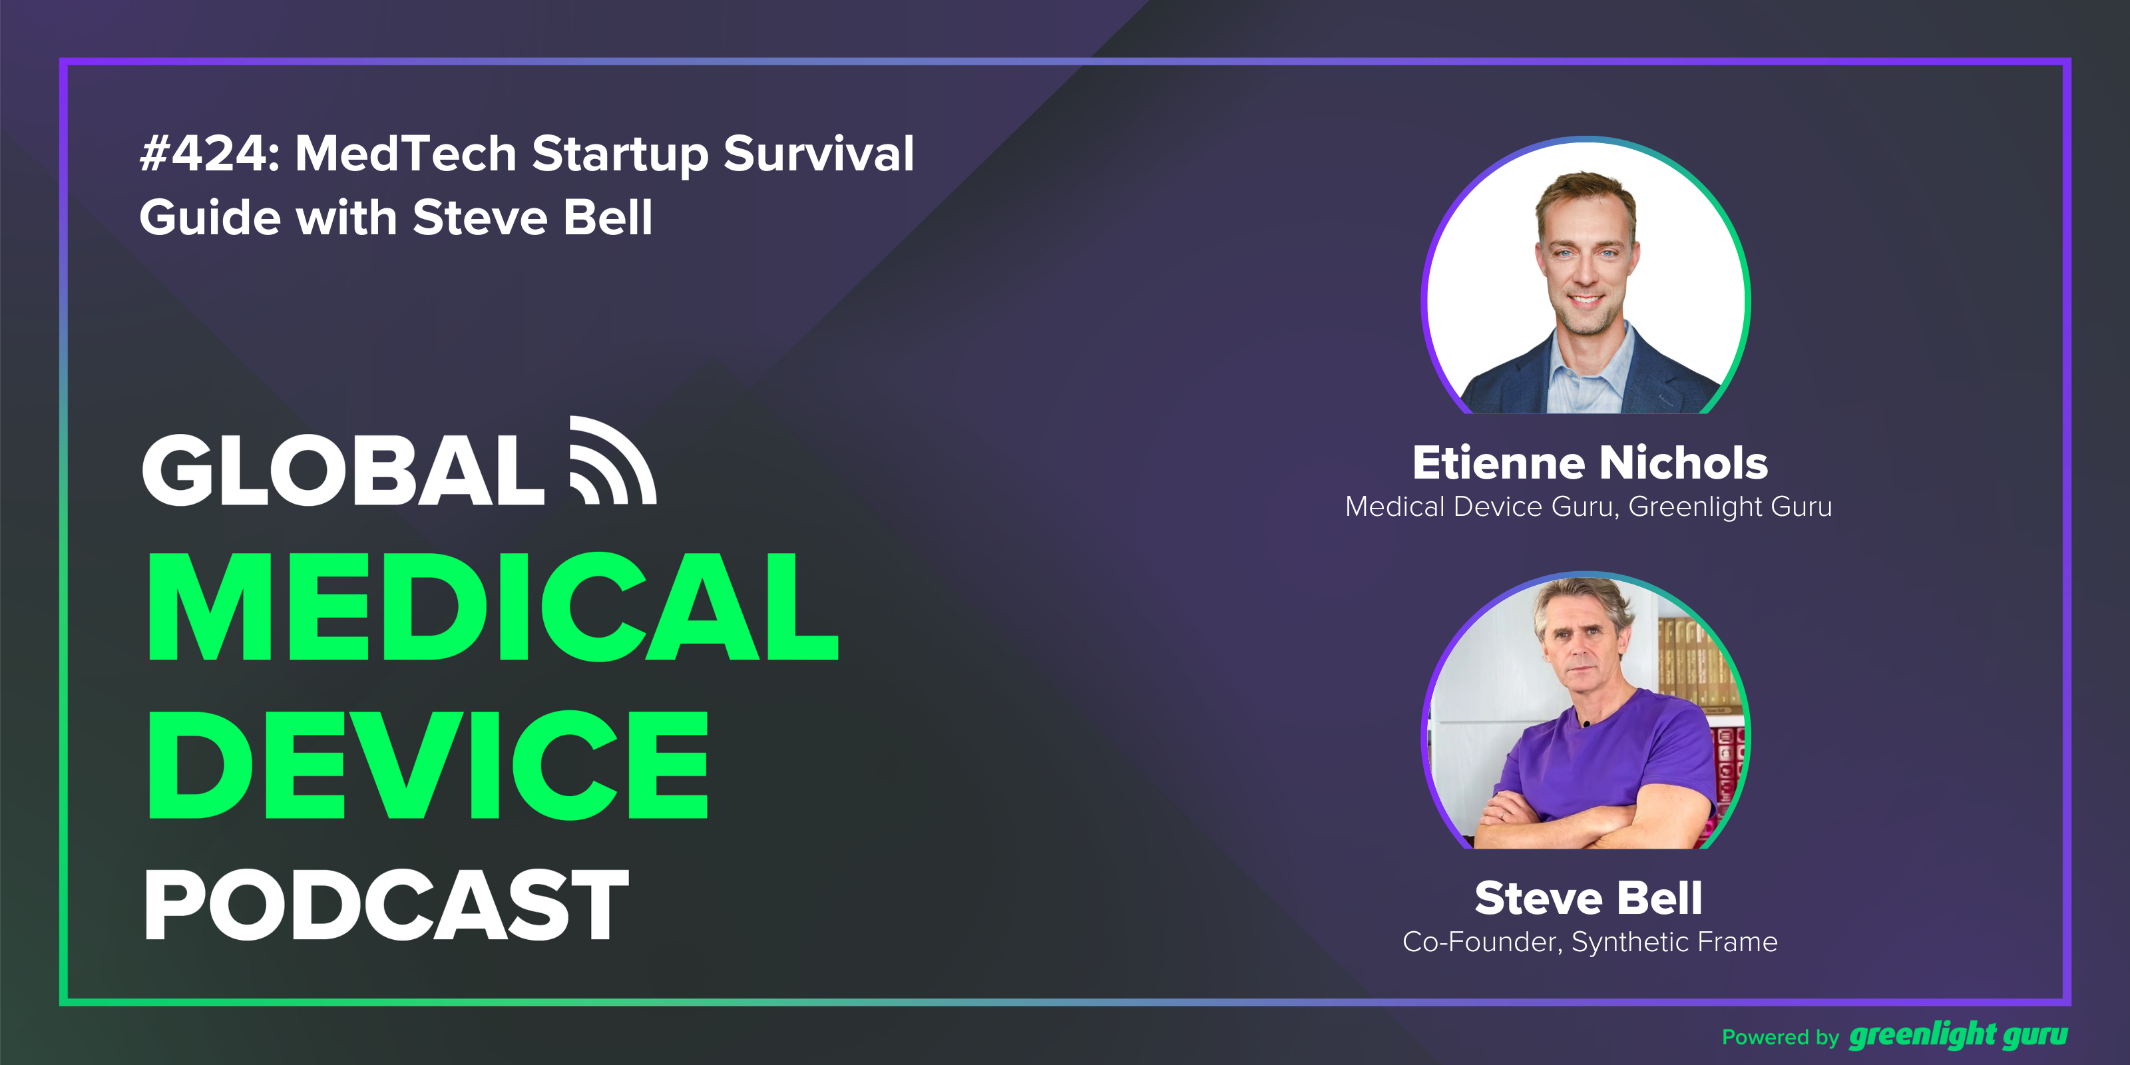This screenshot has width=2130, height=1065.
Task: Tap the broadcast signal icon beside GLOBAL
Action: (x=612, y=461)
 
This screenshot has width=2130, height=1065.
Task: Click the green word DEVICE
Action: (x=428, y=765)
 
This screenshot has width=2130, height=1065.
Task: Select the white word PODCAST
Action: (x=386, y=905)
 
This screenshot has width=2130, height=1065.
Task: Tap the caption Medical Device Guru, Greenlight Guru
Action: (x=1588, y=506)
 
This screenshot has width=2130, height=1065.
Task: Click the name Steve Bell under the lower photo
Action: (x=1588, y=898)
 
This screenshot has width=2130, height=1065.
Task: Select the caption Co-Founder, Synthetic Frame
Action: (x=1590, y=942)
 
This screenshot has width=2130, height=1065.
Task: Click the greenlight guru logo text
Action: (x=1958, y=1035)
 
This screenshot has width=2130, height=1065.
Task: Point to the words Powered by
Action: (x=1779, y=1037)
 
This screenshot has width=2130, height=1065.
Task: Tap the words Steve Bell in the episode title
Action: (x=532, y=218)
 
